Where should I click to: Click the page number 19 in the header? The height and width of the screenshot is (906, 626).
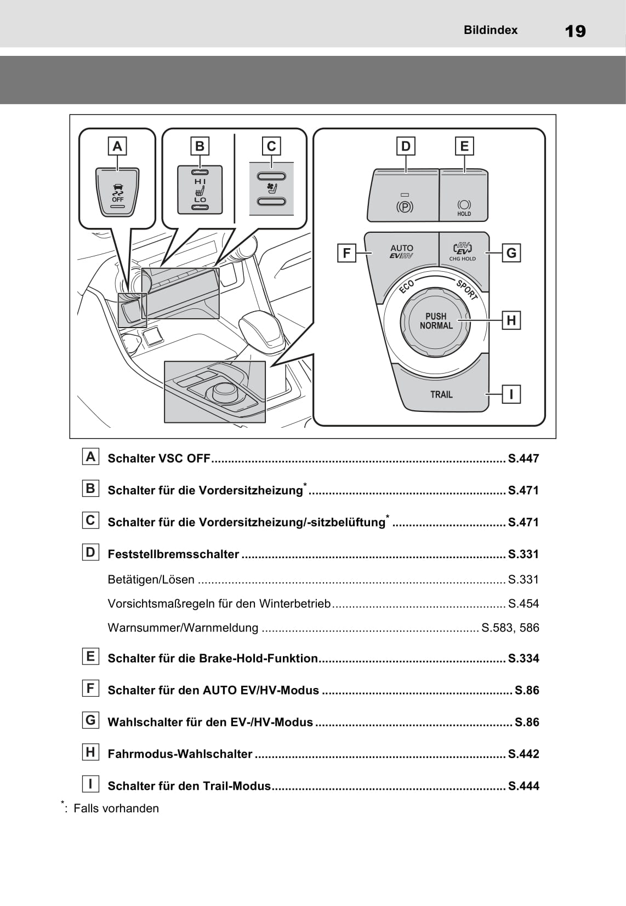575,31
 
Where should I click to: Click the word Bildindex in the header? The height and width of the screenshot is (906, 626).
490,30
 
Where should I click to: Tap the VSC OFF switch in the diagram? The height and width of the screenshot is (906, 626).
117,194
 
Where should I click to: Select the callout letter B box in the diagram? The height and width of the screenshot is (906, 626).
200,146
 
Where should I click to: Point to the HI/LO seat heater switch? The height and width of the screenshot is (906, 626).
200,190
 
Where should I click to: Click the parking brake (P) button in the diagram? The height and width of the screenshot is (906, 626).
404,200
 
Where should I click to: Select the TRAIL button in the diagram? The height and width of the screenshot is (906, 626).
441,394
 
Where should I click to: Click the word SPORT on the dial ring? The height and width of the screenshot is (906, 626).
466,289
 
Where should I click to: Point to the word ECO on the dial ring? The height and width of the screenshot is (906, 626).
406,286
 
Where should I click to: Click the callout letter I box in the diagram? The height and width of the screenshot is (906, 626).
511,394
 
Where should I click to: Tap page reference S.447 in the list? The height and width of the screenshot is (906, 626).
523,458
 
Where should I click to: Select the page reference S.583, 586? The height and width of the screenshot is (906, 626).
510,628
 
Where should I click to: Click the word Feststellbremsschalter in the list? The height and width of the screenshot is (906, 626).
173,554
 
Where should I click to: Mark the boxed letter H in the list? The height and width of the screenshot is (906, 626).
90,752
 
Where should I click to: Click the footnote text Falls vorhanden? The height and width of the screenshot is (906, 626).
116,808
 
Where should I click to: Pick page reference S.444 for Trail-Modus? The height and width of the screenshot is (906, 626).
523,786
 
